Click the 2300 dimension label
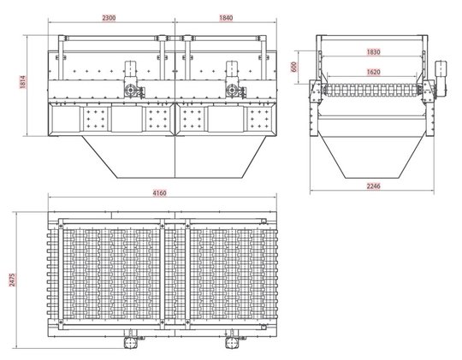[x=109, y=18]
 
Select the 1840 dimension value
[x=226, y=18]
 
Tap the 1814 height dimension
[x=23, y=82]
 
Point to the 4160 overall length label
[x=159, y=193]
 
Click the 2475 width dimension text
[x=12, y=280]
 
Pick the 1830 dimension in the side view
[x=373, y=52]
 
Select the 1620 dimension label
[x=373, y=72]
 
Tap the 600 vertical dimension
[x=294, y=67]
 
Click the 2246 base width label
[x=373, y=186]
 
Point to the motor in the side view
[x=441, y=79]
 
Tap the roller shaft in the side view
[x=372, y=90]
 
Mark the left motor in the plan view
[x=130, y=339]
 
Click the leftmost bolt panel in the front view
[x=95, y=119]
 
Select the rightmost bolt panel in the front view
[x=259, y=119]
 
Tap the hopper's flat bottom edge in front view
[x=181, y=178]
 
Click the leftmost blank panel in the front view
[x=65, y=119]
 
